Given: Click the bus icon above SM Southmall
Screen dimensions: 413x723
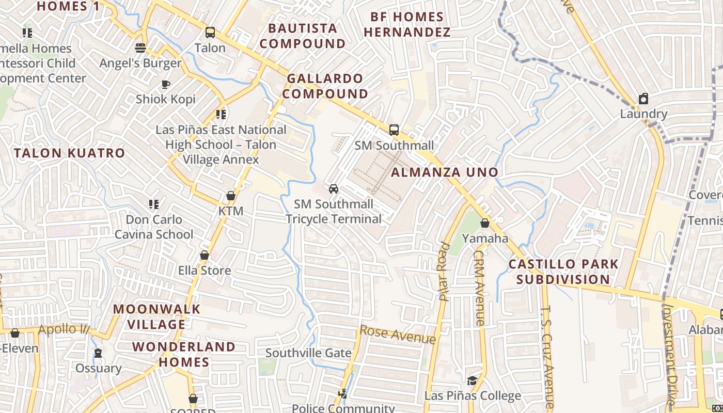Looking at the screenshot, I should [x=394, y=130].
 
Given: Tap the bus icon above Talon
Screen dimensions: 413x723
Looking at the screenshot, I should [x=210, y=33].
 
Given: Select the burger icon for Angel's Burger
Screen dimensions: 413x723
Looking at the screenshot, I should [x=140, y=48].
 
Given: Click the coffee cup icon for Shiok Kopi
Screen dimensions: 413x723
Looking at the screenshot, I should [x=166, y=84].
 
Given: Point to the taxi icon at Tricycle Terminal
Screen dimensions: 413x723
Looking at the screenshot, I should [x=334, y=189].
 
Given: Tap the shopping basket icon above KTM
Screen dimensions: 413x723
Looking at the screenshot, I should [x=231, y=196].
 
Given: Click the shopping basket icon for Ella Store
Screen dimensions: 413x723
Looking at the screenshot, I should [x=205, y=256].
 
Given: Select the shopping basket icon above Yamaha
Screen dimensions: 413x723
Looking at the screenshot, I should [x=484, y=223].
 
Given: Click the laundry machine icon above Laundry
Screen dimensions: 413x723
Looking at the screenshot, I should [x=643, y=99].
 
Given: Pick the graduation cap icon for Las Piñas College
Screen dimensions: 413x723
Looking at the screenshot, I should [x=472, y=381].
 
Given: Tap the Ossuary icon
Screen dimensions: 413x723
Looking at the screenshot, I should [x=98, y=354].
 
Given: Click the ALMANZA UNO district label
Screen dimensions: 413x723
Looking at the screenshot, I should [x=445, y=172].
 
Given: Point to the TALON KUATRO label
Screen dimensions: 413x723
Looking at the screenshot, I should [x=69, y=153].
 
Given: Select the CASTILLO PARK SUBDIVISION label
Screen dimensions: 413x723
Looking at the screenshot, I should [x=563, y=272].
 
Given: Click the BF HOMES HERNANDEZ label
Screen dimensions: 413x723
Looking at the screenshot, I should [x=406, y=24].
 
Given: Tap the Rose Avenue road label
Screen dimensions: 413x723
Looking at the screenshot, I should [x=398, y=335].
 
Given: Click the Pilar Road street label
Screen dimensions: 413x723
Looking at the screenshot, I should [x=444, y=271].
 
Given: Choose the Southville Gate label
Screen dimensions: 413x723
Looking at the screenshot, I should [x=308, y=353].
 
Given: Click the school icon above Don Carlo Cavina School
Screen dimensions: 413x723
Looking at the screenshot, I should [x=153, y=204].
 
